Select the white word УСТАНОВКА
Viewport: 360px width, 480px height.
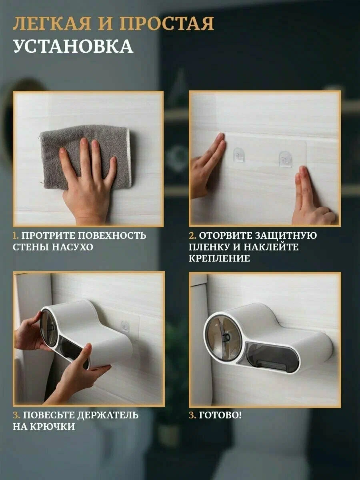pyautogui.click(x=73, y=46)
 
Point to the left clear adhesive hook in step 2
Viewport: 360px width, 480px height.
pyautogui.click(x=239, y=155)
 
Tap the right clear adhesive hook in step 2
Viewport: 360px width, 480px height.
pyautogui.click(x=285, y=159)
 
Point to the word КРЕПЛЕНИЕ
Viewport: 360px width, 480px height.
pyautogui.click(x=219, y=258)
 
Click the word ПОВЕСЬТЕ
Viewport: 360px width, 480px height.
pyautogui.click(x=48, y=415)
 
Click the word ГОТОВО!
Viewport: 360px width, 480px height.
pyautogui.click(x=220, y=415)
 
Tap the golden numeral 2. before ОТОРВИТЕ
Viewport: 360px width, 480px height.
pyautogui.click(x=192, y=236)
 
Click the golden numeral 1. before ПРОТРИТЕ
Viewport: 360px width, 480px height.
pyautogui.click(x=16, y=236)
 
